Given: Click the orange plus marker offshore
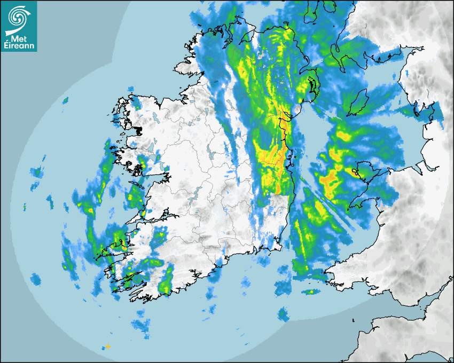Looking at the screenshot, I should tap(108, 346).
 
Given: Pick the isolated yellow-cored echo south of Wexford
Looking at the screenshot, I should tap(310, 292).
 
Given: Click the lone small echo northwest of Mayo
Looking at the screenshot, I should tap(65, 100).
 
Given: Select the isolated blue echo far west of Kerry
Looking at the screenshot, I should tap(36, 279).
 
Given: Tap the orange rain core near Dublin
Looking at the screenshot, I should tap(278, 157).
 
